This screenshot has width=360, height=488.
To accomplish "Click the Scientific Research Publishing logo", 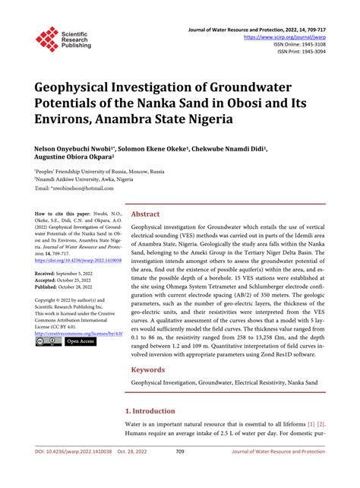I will pos(65,39).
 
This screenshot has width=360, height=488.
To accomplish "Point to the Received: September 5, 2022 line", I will pos(70,271).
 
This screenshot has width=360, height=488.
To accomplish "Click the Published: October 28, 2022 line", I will pos(70,287).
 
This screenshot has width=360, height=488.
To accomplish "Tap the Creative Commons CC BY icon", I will pos(49,341).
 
